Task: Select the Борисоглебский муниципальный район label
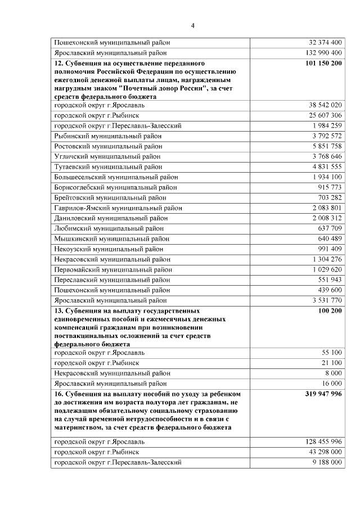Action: point(116,187)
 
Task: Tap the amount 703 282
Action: point(330,197)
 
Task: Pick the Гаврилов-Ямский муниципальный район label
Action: point(118,208)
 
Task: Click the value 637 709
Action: point(330,228)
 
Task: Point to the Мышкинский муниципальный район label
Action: point(112,238)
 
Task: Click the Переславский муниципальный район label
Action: point(112,280)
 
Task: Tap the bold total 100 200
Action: point(330,310)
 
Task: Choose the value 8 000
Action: point(333,373)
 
